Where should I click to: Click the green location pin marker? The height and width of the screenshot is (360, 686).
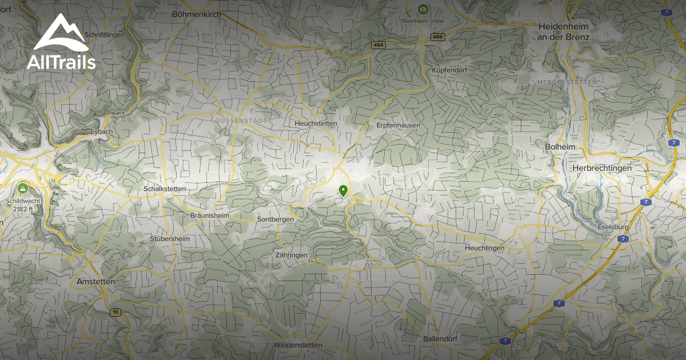[343, 191]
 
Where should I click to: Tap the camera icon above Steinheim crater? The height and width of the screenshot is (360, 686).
[422, 9]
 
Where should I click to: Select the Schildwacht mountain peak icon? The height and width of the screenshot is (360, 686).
[22, 188]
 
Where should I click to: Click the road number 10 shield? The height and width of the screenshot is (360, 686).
[116, 312]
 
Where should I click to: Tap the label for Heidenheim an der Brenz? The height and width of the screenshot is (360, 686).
[563, 31]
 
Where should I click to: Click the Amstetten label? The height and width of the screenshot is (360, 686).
[95, 282]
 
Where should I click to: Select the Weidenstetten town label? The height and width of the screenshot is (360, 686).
[297, 345]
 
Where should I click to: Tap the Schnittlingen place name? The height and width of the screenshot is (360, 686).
[105, 34]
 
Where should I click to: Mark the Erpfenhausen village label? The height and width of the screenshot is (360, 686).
[398, 125]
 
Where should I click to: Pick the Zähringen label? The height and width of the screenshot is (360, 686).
[291, 255]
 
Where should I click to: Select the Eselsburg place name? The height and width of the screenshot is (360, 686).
[614, 226]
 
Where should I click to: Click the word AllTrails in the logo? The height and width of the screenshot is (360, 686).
[61, 62]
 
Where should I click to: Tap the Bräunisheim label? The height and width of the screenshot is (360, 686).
[209, 216]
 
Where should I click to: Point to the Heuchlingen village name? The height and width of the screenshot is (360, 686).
[484, 248]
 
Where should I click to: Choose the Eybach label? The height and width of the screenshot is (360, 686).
[102, 131]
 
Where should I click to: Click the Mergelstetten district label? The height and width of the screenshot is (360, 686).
[567, 82]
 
